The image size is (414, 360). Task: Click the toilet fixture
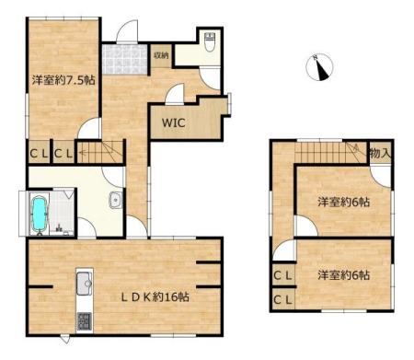pos(210,41)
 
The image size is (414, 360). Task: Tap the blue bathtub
pos(40,214)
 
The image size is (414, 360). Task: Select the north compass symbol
pos(320,67)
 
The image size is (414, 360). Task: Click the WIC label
pos(174,123)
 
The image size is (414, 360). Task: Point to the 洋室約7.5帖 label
pos(63,80)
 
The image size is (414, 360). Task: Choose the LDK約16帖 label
pos(155,297)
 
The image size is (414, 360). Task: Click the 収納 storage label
pos(161,56)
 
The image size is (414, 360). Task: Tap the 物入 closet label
pos(380,153)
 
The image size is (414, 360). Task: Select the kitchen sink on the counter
pos(85,284)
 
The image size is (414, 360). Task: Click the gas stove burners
pos(85,321)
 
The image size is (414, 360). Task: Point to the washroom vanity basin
pos(116,200)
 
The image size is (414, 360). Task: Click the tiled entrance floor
pos(125,59)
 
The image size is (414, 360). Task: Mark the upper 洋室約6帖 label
pos(343,203)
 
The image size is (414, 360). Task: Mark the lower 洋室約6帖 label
pos(343,275)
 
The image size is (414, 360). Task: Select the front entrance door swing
pos(127,30)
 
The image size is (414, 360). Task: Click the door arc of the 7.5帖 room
pos(89,128)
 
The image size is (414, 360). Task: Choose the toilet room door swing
pos(210,77)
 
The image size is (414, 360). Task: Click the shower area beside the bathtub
pos(62,213)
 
